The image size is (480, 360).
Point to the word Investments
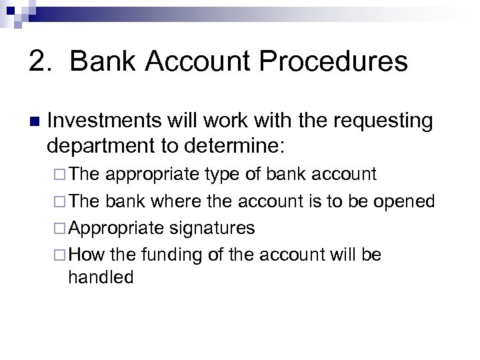[x=103, y=121]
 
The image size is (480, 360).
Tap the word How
[x=83, y=255]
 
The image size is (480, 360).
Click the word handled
[x=101, y=277]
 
